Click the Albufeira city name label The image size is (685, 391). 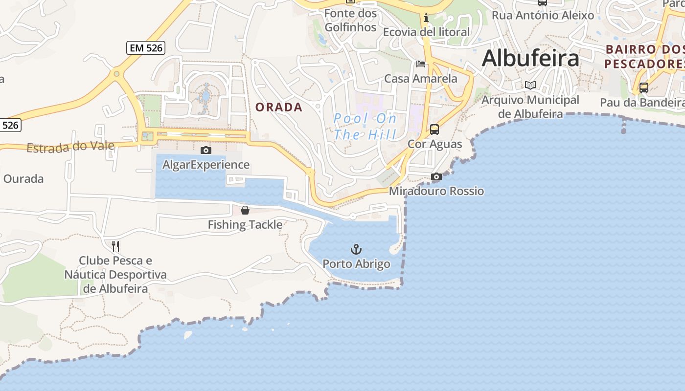point(530,59)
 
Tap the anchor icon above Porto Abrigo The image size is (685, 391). point(356,250)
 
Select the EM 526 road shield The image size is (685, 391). point(146,48)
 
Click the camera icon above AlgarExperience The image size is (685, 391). point(206,150)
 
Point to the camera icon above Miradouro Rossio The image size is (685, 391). point(436,176)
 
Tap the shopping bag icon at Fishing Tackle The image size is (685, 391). point(245,210)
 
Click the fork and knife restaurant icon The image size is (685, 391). point(115,245)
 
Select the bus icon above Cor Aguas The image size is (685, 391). point(434,130)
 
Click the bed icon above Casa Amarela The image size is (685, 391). point(420,64)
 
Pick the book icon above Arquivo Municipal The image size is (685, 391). point(530,85)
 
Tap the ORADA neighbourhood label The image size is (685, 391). point(279,108)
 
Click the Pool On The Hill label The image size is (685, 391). point(365,127)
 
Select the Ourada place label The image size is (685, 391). point(23,179)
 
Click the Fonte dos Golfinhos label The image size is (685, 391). point(350,20)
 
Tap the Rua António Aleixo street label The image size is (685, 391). point(543,15)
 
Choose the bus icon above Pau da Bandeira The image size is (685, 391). point(644,88)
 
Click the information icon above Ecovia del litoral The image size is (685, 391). point(426,18)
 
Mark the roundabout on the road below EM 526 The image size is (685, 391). point(116,74)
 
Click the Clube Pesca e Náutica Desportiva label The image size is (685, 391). point(115,274)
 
